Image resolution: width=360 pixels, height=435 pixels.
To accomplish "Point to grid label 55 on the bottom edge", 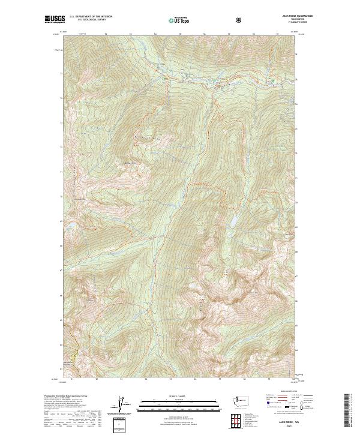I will pos(171,379).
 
